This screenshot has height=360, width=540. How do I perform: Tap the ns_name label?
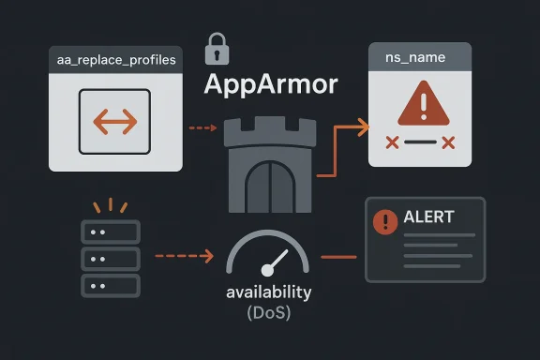[x=415, y=58]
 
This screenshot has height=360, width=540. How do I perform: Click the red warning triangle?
[x=418, y=103]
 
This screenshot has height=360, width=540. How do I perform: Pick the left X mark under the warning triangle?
[x=392, y=142]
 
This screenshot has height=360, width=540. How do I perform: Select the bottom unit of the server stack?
[x=111, y=285]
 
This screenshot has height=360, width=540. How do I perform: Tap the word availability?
[x=269, y=292]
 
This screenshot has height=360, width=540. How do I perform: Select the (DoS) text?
[x=269, y=313]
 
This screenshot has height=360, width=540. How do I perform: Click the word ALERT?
[x=427, y=217]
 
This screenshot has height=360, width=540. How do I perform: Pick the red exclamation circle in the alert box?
[x=385, y=221]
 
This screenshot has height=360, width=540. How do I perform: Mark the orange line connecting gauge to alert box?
[x=339, y=256]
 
